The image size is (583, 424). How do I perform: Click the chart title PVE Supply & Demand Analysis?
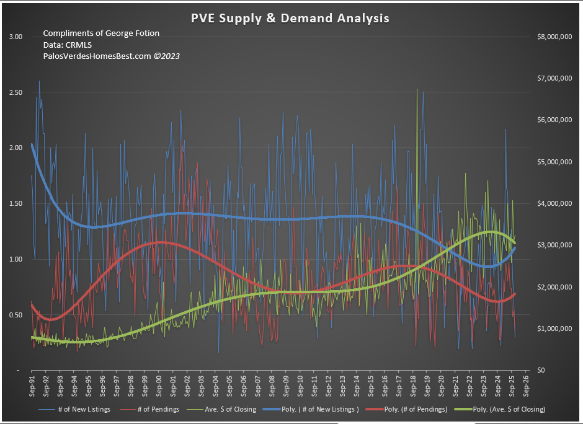(290, 19)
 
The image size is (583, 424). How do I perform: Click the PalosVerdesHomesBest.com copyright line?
(111, 56)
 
